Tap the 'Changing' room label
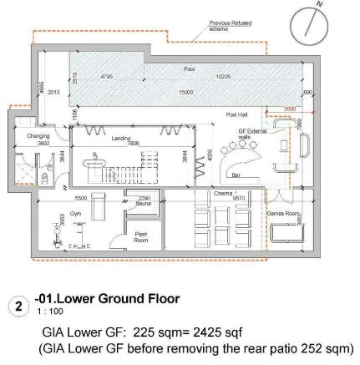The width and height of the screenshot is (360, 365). (x=33, y=135)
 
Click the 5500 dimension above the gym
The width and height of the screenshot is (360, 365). (x=80, y=198)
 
